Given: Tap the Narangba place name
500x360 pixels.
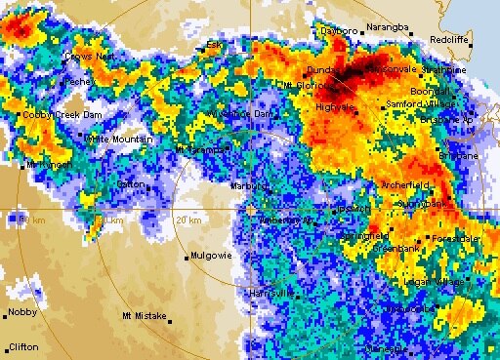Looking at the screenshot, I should (385, 27).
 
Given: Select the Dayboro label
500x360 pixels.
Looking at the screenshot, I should (341, 31).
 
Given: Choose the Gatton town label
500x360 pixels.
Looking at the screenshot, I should (130, 183).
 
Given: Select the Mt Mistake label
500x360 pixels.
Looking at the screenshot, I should (144, 316).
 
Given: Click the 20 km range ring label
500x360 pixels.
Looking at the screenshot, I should (188, 220).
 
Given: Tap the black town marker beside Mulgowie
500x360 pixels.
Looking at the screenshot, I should (187, 258).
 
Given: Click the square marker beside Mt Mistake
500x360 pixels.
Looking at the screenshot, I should (169, 317).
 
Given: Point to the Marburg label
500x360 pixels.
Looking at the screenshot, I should (249, 185).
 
